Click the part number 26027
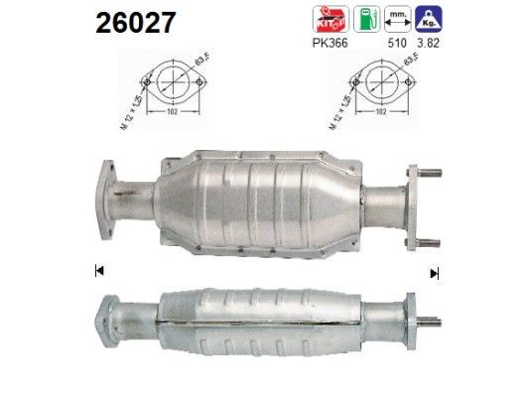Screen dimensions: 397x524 (136, 22)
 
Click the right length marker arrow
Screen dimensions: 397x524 (434, 272)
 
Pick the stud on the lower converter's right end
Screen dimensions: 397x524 (431, 321)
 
